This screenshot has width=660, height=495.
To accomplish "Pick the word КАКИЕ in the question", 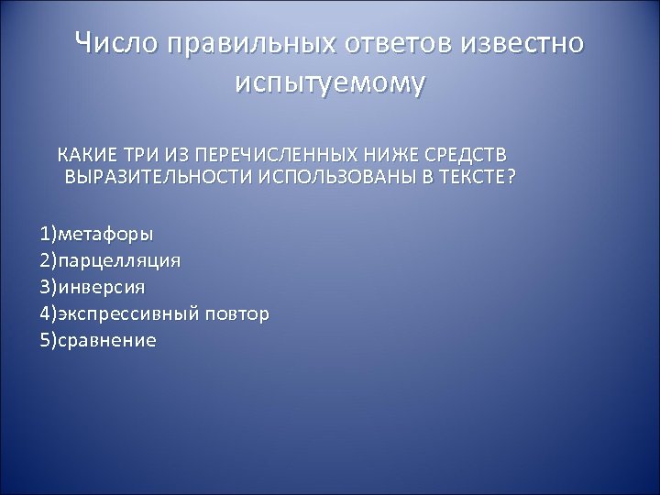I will (x=82, y=152).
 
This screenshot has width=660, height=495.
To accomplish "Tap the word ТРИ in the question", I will (x=133, y=152).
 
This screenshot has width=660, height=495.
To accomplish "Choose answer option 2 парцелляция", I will (x=110, y=259).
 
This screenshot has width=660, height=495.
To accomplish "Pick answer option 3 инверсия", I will (x=92, y=287).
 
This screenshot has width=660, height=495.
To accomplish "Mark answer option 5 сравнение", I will (x=98, y=341).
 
